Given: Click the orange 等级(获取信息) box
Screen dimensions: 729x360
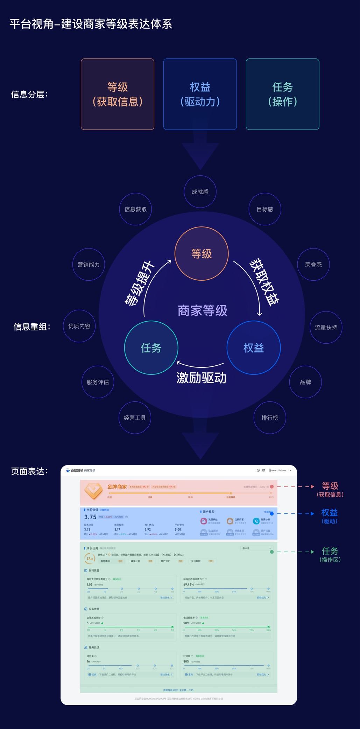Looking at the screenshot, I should [x=118, y=94].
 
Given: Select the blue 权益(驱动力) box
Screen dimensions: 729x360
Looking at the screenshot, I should [x=200, y=94].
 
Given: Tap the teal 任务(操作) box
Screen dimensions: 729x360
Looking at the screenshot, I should [x=282, y=94].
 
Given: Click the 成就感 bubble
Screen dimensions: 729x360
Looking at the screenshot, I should [x=200, y=192].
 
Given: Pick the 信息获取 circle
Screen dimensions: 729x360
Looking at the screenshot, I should [x=135, y=209].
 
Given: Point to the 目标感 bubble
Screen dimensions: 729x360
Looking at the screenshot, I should [x=265, y=209].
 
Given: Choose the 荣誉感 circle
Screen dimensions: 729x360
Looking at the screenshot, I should [x=313, y=265].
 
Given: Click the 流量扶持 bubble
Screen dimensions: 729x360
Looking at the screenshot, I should [x=326, y=328].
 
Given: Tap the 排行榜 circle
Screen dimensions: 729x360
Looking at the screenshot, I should [x=270, y=418].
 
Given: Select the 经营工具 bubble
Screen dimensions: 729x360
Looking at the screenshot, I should [x=135, y=418].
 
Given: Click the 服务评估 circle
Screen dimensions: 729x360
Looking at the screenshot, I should [x=98, y=382].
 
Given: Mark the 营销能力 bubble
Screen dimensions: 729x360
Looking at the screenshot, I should [x=89, y=265].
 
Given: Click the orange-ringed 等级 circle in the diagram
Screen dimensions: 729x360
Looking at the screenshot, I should [x=202, y=254].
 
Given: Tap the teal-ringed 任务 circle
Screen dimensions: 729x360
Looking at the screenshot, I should [x=151, y=348].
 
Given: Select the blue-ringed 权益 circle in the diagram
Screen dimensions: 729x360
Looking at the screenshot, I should [x=254, y=348].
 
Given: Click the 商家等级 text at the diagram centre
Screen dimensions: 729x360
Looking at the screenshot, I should [x=202, y=311].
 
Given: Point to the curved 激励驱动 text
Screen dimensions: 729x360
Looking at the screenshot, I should [x=202, y=378].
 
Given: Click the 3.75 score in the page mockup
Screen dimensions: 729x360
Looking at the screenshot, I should [x=90, y=517].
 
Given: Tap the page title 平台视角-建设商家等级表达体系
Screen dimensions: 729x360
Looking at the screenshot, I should [x=91, y=24].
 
